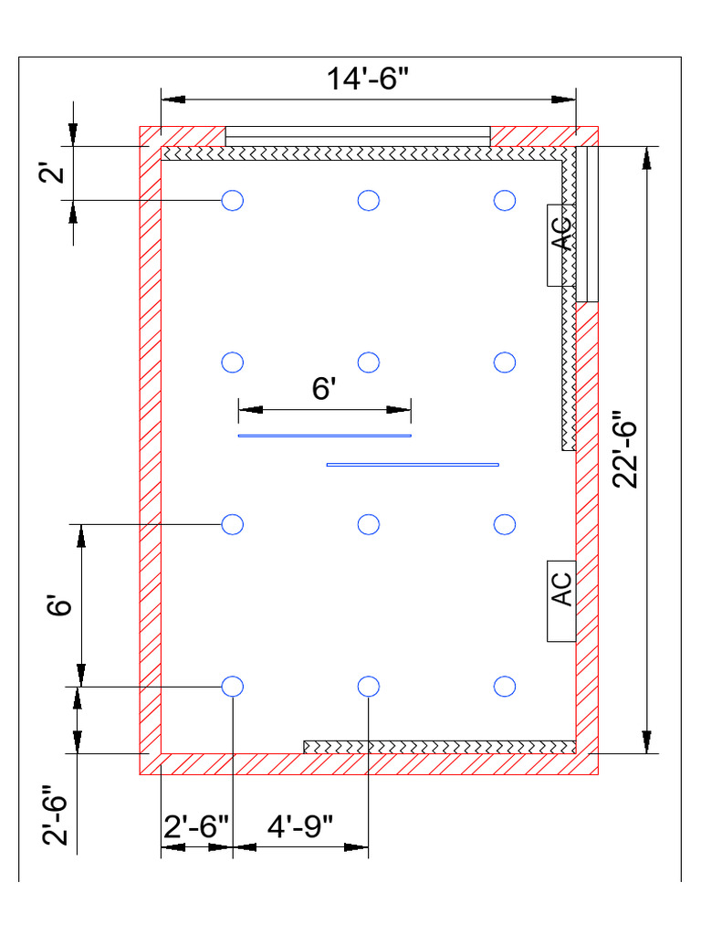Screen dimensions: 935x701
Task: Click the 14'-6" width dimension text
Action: pyautogui.click(x=369, y=79)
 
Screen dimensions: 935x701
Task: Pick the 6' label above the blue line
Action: pyautogui.click(x=325, y=390)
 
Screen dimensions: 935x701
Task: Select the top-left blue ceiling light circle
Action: pyautogui.click(x=233, y=200)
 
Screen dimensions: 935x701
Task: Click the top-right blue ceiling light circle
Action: pyautogui.click(x=505, y=200)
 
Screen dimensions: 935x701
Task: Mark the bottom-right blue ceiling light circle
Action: pyautogui.click(x=505, y=686)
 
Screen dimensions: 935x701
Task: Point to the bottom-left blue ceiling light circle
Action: pyautogui.click(x=233, y=686)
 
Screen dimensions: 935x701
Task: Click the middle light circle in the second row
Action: pyautogui.click(x=369, y=362)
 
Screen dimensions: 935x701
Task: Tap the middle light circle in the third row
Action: pyautogui.click(x=369, y=524)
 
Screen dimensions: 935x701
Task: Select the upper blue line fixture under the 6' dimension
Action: pyautogui.click(x=324, y=436)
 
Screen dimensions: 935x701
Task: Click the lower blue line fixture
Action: pyautogui.click(x=413, y=465)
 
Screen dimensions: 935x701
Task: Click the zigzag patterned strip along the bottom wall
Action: pyautogui.click(x=439, y=747)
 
